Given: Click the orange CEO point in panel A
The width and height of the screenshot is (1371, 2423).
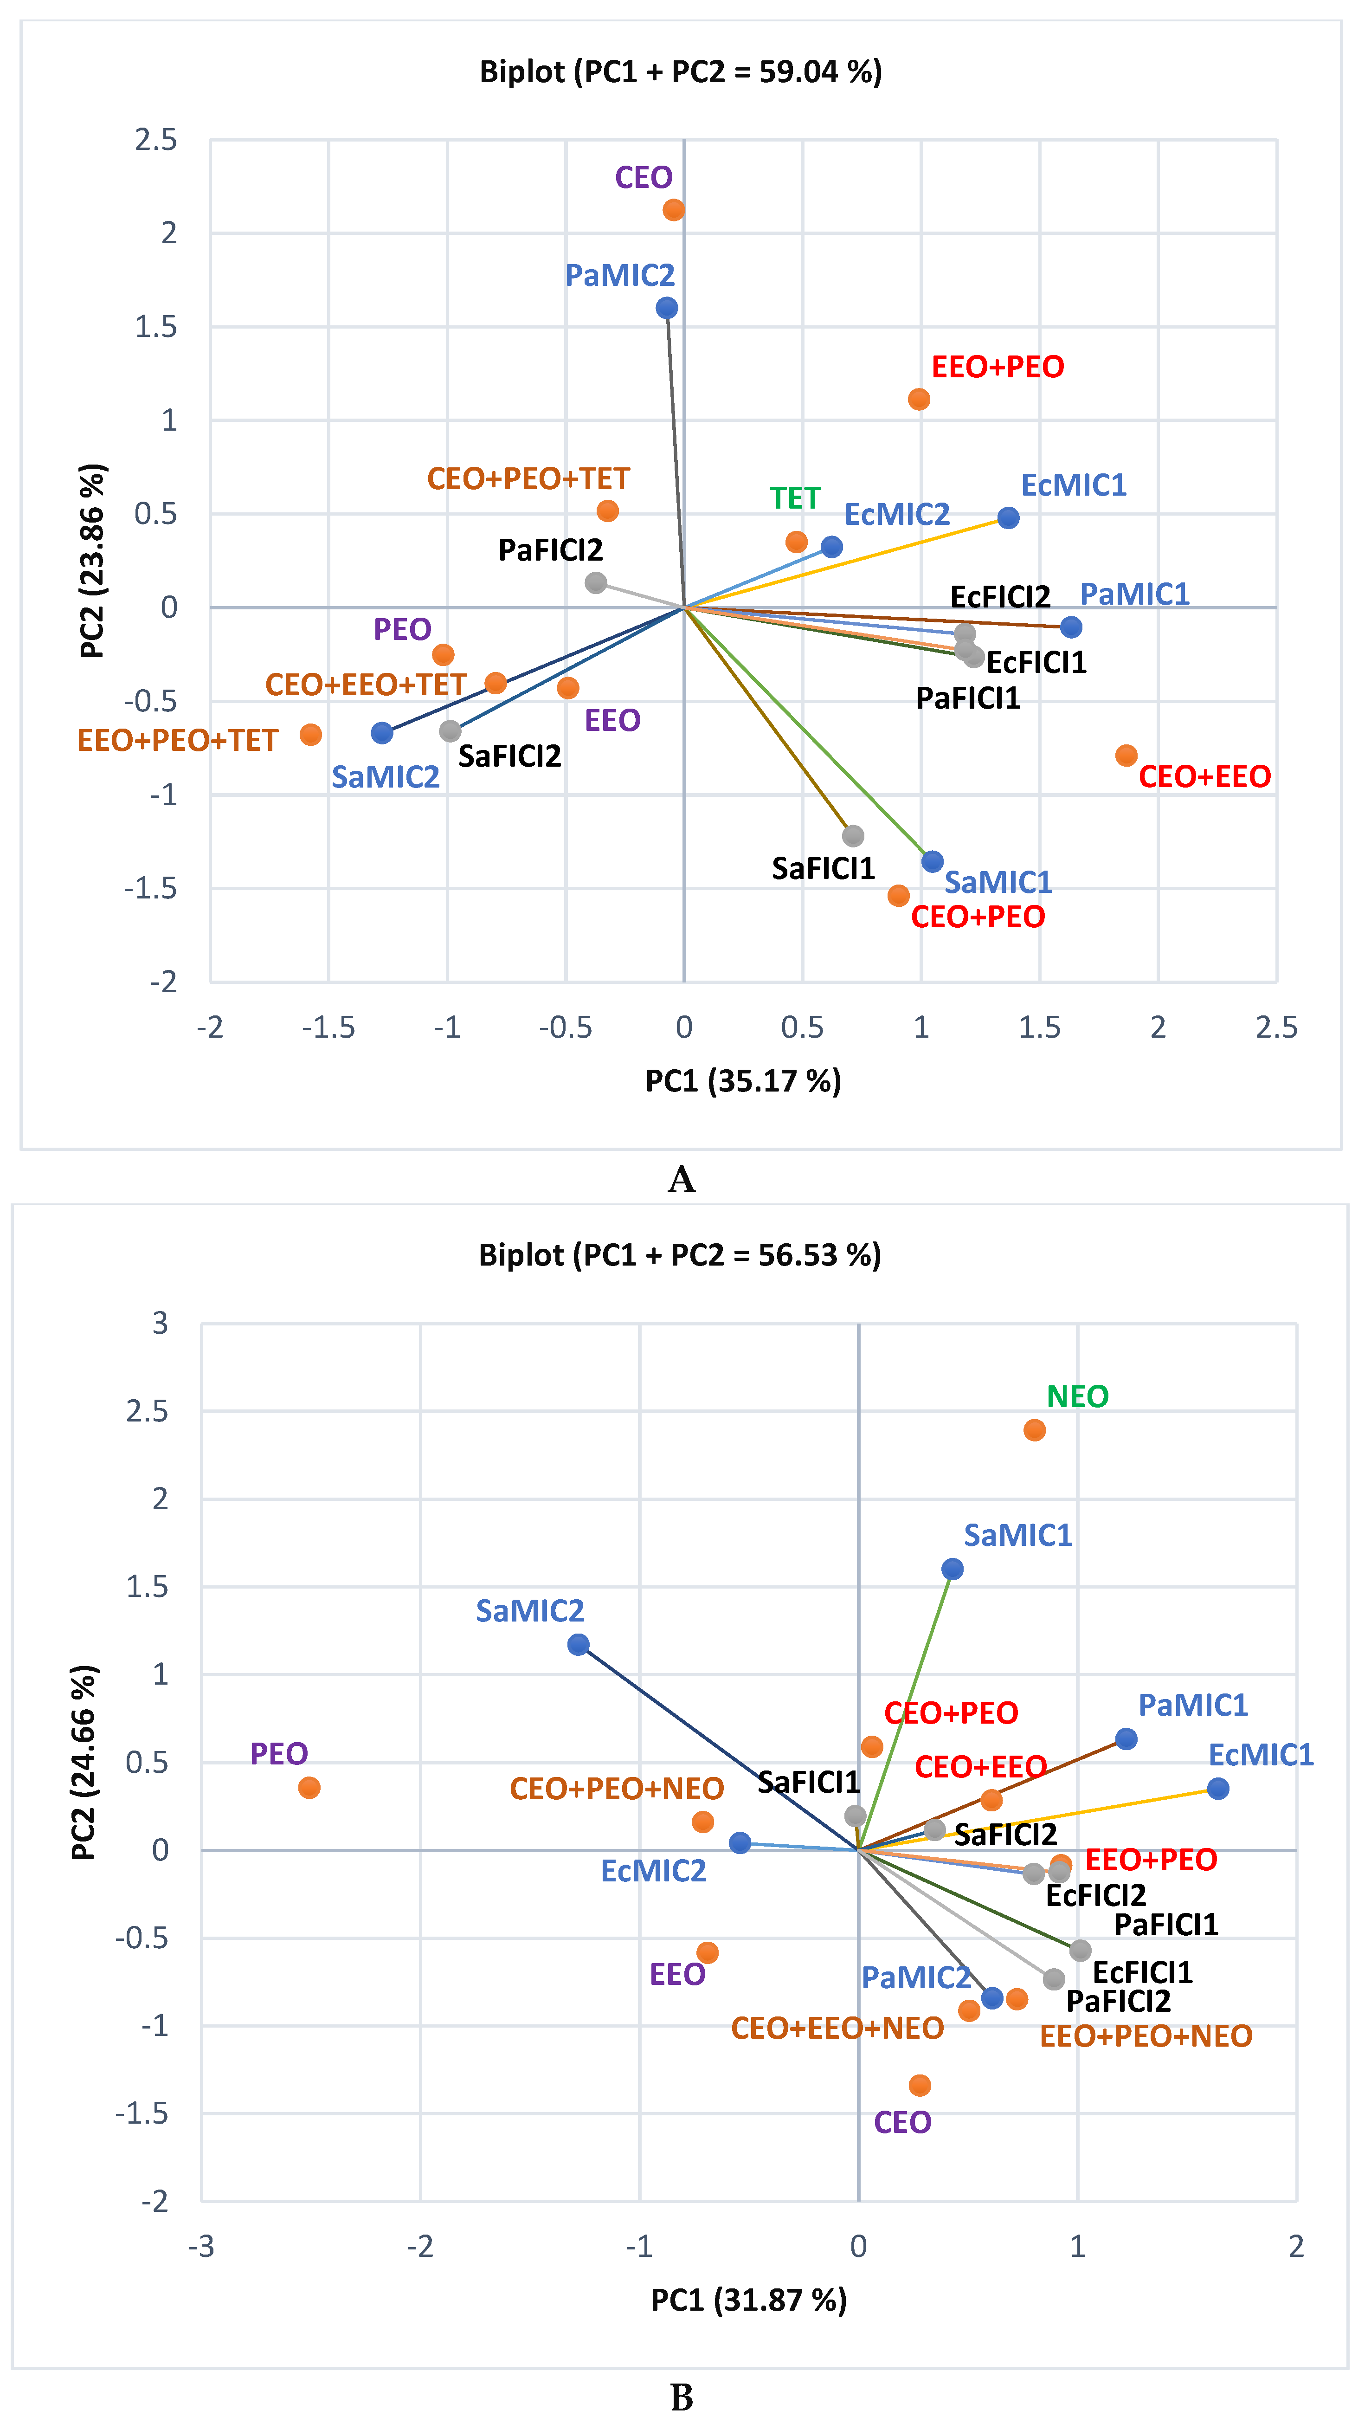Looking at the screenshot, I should [673, 210].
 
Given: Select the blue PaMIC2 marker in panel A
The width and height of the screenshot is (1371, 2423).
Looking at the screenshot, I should [667, 308].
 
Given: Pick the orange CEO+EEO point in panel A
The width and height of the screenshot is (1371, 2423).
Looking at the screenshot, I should [1126, 755].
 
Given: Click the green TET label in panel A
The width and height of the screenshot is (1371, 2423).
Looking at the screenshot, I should [795, 498].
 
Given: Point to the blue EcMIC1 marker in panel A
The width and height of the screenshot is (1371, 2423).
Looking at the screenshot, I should [1009, 518].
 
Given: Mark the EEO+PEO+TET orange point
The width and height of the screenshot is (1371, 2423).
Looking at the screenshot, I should [311, 735].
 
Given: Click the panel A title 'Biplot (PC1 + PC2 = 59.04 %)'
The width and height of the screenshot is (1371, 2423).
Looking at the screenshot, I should [681, 71].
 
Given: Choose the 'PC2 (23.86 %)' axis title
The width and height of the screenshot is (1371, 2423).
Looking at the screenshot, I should [92, 561].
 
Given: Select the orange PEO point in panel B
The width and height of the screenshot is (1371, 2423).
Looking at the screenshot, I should [309, 1787].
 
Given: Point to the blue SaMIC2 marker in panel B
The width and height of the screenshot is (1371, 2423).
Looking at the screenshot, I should [578, 1644].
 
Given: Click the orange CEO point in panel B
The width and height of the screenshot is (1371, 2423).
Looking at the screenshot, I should [920, 2085].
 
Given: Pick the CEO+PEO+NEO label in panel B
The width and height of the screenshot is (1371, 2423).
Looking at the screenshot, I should [617, 1788].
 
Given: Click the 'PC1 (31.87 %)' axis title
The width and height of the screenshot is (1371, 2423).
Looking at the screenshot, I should [748, 2300].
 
